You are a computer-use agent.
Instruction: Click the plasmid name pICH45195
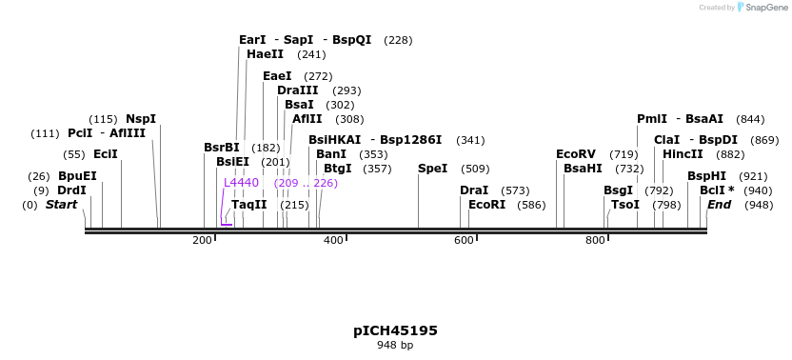pos(395,330)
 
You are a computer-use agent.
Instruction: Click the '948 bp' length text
pos(395,346)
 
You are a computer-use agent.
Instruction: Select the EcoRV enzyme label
pos(576,154)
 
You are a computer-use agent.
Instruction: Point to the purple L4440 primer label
pos(241,182)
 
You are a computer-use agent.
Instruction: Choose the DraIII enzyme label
pos(297,90)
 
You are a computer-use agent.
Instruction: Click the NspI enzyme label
pos(141,119)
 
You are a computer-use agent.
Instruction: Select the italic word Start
pos(61,205)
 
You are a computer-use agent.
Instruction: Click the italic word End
pos(719,205)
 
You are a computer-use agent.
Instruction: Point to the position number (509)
pos(475,169)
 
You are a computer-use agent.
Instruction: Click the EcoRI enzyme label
pos(486,205)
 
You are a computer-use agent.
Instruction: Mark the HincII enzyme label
pos(683,154)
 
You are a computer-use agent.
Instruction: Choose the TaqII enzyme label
pos(248,205)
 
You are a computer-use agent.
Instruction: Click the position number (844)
pos(751,119)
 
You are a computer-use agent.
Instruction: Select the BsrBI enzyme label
pos(222,148)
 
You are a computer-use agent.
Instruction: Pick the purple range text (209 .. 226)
pos(305,182)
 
